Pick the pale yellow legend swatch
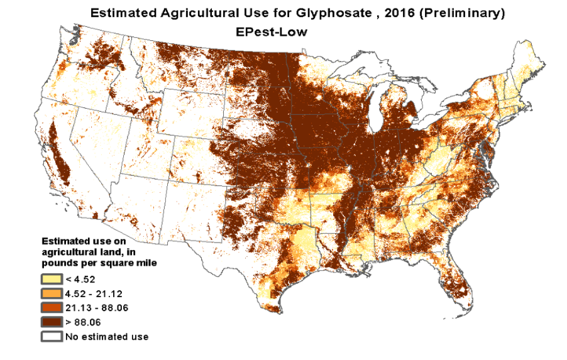pyautogui.click(x=52, y=279)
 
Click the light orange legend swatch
pyautogui.click(x=52, y=293)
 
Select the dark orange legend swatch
pyautogui.click(x=52, y=308)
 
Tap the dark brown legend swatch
pyautogui.click(x=52, y=322)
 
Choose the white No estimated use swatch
pyautogui.click(x=52, y=337)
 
